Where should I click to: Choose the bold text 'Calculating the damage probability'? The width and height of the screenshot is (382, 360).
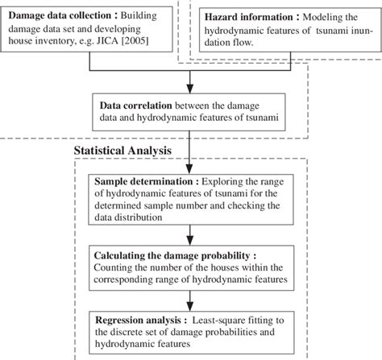[171, 255]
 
